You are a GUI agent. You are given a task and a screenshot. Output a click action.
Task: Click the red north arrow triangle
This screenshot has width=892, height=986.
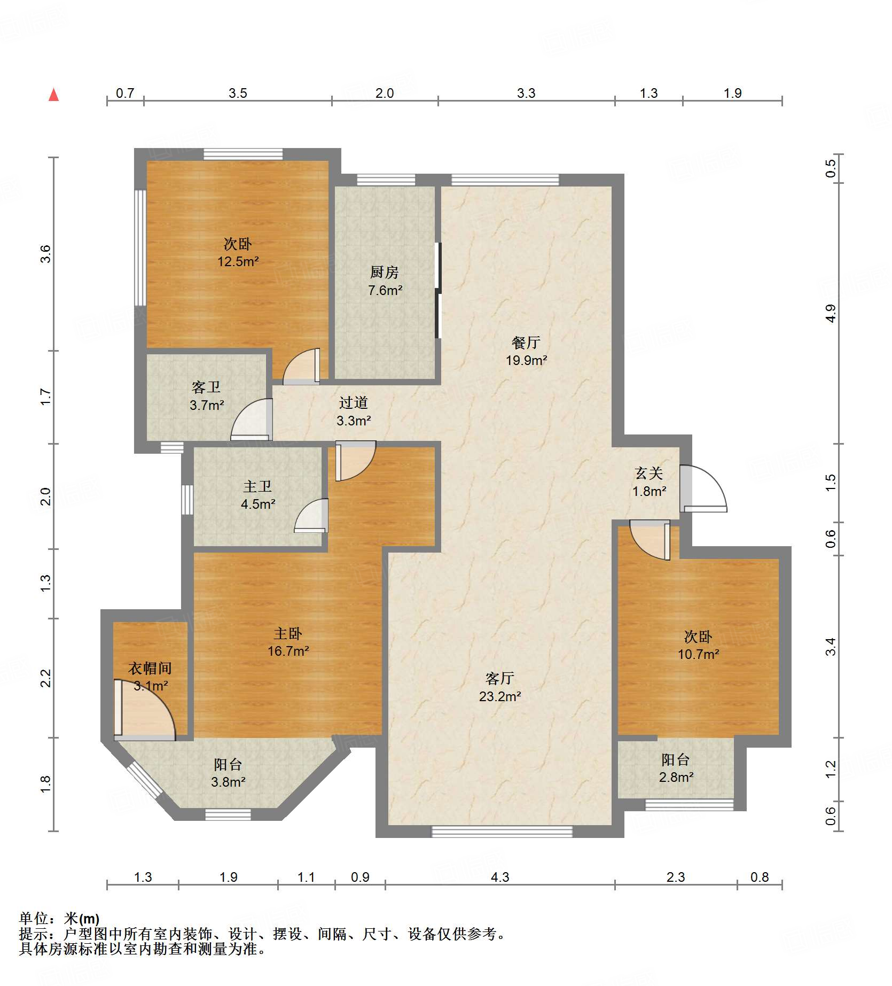coord(53,95)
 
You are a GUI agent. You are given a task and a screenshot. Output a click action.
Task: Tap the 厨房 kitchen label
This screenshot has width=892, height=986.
coord(385,273)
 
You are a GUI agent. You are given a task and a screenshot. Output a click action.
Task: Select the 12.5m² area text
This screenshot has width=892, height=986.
coord(238,261)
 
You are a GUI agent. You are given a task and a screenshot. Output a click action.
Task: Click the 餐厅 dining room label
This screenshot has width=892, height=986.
coord(526,343)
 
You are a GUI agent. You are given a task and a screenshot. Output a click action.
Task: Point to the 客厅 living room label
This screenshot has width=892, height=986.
coord(500,678)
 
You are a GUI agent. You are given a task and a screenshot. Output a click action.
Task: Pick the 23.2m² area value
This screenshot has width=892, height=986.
coord(500,696)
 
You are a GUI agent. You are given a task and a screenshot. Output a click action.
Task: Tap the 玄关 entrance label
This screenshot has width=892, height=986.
coord(649,473)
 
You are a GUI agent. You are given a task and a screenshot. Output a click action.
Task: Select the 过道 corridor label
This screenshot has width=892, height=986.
coord(354,402)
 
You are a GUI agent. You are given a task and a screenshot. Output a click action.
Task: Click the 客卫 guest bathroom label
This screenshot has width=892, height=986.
coord(206,387)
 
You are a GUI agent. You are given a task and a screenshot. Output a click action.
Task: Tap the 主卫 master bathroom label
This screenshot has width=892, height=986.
coord(257,486)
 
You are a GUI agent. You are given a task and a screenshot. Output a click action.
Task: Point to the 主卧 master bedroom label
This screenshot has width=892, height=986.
coord(288,633)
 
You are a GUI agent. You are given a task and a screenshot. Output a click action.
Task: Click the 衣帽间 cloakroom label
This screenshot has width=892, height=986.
coord(150,668)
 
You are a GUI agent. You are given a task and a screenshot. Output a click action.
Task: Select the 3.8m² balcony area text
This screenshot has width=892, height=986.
coord(228,782)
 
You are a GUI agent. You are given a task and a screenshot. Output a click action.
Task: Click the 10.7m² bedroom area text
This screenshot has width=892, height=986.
coord(698,654)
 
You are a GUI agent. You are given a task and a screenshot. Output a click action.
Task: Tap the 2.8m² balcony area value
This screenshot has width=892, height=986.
coord(676,777)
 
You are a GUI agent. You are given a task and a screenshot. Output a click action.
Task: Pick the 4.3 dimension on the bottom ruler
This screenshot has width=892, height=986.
coord(500,877)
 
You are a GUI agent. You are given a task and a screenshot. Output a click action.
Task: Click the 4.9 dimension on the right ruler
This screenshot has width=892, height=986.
coord(830,313)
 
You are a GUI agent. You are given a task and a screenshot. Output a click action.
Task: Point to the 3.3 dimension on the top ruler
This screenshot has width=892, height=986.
coord(526,93)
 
